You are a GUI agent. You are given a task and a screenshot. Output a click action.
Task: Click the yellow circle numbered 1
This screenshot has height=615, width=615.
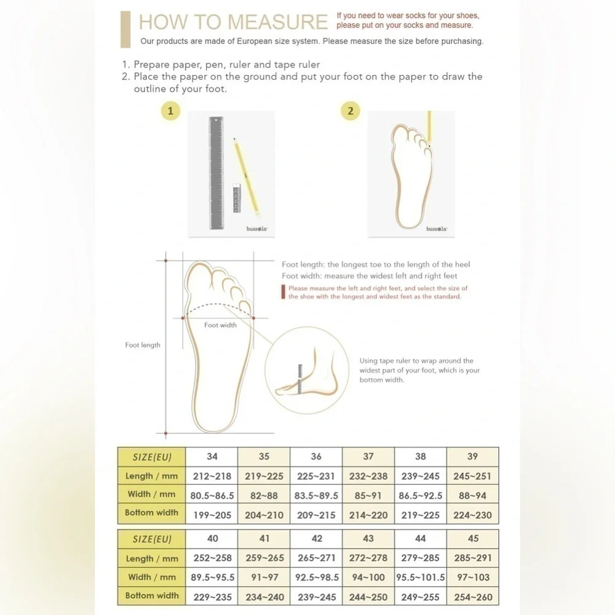pos(170,111)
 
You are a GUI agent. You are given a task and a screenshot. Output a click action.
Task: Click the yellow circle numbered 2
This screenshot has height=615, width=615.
pos(351,111)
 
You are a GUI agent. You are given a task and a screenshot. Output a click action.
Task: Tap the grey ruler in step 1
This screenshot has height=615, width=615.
pos(216,173)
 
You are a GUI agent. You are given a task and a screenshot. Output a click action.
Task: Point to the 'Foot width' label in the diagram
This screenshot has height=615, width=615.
pos(220,325)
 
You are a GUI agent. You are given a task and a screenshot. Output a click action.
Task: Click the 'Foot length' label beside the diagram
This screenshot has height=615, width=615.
pos(143,345)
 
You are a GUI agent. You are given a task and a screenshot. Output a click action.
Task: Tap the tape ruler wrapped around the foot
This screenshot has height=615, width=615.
pos(300,379)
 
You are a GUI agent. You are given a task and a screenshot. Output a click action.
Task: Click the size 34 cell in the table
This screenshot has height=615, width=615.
pos(212,456)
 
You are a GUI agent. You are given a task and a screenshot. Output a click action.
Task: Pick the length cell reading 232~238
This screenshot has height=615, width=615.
pos(368,476)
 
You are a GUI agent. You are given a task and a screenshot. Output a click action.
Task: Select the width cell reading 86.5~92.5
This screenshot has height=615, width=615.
pos(421,495)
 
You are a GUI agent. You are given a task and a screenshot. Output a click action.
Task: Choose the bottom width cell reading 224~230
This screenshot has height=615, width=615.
pos(472,515)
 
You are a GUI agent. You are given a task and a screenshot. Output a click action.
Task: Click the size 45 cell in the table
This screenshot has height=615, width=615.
pos(472,539)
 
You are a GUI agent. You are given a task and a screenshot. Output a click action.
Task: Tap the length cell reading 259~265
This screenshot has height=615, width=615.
pos(264,558)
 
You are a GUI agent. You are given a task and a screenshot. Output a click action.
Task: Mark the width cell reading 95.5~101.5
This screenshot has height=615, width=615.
pos(421,577)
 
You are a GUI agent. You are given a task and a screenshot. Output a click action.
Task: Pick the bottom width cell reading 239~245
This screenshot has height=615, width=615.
pos(317,597)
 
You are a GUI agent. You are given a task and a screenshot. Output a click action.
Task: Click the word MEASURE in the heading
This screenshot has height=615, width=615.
pos(270,22)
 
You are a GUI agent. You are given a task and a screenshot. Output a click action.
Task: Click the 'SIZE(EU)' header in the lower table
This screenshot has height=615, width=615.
pos(152,539)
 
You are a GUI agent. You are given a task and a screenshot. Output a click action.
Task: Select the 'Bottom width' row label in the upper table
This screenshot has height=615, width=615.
pos(151,513)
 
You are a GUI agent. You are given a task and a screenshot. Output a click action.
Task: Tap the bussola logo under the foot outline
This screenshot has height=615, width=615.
pos(437,229)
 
